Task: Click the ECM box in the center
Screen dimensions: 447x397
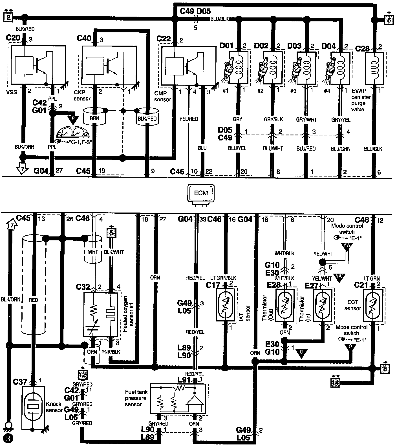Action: tap(201, 193)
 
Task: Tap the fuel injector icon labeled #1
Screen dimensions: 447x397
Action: tap(229, 68)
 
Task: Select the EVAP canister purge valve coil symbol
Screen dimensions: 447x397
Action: tap(374, 68)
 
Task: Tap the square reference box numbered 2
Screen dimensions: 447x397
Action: tap(8, 17)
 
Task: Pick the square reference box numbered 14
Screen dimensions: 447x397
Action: tap(335, 382)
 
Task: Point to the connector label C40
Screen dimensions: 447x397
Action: tap(84, 38)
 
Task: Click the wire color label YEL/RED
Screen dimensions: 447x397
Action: tap(189, 119)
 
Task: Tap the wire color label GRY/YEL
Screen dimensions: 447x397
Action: tap(341, 120)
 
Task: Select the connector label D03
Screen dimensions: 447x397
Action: tap(294, 46)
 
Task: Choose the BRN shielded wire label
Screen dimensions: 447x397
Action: tap(94, 118)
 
